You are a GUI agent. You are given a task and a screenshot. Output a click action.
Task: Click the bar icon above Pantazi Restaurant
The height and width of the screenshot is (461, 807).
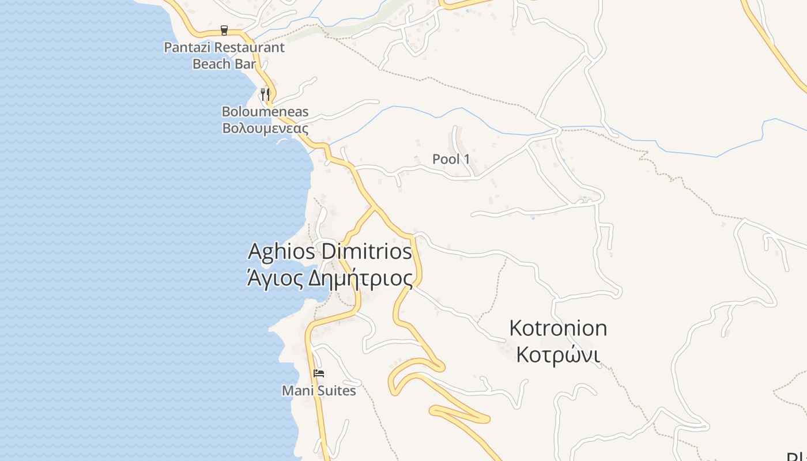pyautogui.click(x=224, y=31)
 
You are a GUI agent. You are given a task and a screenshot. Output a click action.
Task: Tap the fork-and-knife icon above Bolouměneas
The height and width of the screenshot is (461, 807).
pyautogui.click(x=265, y=94)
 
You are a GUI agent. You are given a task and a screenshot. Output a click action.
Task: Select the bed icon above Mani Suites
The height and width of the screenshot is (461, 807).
pyautogui.click(x=319, y=373)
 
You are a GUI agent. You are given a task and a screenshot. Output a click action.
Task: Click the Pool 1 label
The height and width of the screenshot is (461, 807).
pyautogui.click(x=451, y=159)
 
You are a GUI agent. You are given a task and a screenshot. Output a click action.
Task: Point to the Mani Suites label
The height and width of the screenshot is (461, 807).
pyautogui.click(x=319, y=391)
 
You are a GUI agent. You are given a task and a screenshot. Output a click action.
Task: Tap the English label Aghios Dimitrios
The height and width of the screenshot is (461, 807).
pyautogui.click(x=330, y=252)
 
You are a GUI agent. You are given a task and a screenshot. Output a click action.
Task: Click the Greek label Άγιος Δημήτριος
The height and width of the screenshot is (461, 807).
pyautogui.click(x=330, y=279)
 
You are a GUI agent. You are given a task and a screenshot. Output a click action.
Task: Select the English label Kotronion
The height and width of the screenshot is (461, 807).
pyautogui.click(x=558, y=328)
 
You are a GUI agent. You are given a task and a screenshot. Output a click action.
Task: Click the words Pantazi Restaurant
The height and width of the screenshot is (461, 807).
pyautogui.click(x=224, y=47)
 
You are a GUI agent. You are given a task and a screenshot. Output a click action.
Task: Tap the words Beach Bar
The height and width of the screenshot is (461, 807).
pyautogui.click(x=224, y=63)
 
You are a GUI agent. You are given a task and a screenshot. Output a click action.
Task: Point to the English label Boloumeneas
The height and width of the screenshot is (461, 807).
pyautogui.click(x=265, y=112)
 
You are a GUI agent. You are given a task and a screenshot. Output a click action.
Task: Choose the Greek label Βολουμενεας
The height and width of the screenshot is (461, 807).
pyautogui.click(x=265, y=129)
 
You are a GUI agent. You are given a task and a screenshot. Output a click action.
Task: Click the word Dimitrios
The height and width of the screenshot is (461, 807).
pyautogui.click(x=367, y=252)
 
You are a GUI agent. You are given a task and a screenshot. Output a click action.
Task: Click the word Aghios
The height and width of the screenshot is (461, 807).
pyautogui.click(x=282, y=252)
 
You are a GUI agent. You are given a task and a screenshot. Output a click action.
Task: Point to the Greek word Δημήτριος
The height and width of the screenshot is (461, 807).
pyautogui.click(x=361, y=279)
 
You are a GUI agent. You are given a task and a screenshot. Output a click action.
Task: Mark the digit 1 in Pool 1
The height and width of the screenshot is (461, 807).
pyautogui.click(x=466, y=159)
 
